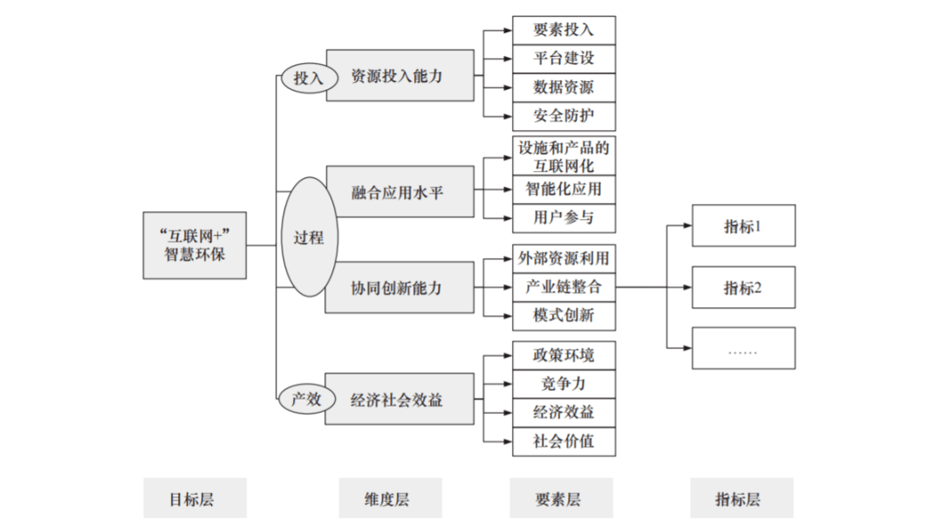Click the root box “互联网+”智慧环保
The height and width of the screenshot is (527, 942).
pyautogui.click(x=195, y=245)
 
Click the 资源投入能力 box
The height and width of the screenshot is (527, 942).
pyautogui.click(x=400, y=76)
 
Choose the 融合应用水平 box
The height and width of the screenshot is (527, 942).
pyautogui.click(x=400, y=191)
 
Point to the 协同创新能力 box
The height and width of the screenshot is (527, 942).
pyautogui.click(x=400, y=287)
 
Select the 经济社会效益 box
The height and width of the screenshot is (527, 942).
pyautogui.click(x=400, y=400)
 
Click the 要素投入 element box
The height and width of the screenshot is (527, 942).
pyautogui.click(x=563, y=30)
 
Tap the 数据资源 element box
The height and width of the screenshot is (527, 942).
pyautogui.click(x=563, y=87)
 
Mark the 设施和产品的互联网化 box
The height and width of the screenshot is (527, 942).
pyautogui.click(x=563, y=156)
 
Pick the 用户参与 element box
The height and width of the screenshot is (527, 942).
pyautogui.click(x=563, y=216)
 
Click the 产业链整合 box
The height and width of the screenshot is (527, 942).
pyautogui.click(x=563, y=286)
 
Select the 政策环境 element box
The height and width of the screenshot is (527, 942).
pyautogui.click(x=563, y=356)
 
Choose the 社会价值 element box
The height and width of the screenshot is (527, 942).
pyautogui.click(x=563, y=441)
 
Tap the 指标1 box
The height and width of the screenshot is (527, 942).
pyautogui.click(x=743, y=226)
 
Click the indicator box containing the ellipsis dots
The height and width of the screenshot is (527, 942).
pyautogui.click(x=743, y=348)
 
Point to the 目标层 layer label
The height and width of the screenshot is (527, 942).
pyautogui.click(x=195, y=499)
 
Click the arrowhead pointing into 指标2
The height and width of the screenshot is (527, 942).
pyautogui.click(x=686, y=286)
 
